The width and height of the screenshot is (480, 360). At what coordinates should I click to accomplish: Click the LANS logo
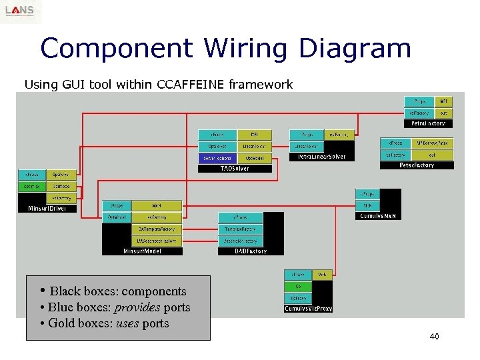pyautogui.click(x=21, y=11)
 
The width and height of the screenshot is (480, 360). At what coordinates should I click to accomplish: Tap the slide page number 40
pyautogui.click(x=434, y=337)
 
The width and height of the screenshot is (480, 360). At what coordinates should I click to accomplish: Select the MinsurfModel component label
pyautogui.click(x=142, y=251)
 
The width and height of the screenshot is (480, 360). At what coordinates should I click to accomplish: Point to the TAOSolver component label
pyautogui.click(x=235, y=169)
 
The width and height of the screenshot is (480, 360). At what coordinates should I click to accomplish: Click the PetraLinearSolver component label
pyautogui.click(x=317, y=157)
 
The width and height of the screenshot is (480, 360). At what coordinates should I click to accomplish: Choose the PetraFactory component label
pyautogui.click(x=428, y=123)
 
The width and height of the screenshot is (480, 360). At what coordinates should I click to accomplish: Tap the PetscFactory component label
pyautogui.click(x=417, y=165)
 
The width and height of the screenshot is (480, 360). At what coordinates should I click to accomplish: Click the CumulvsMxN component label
pyautogui.click(x=378, y=215)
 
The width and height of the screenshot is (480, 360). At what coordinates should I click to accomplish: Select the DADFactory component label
pyautogui.click(x=251, y=251)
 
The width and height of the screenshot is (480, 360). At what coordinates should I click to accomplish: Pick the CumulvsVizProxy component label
pyautogui.click(x=308, y=309)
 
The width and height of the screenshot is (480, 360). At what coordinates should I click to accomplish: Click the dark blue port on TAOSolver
pyautogui.click(x=216, y=158)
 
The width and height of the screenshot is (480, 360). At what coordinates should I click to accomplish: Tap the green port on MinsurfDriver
pyautogui.click(x=31, y=186)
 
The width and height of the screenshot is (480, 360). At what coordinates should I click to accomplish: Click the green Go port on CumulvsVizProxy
pyautogui.click(x=298, y=286)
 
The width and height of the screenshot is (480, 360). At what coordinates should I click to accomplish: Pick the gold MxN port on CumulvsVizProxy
pyautogui.click(x=321, y=274)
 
